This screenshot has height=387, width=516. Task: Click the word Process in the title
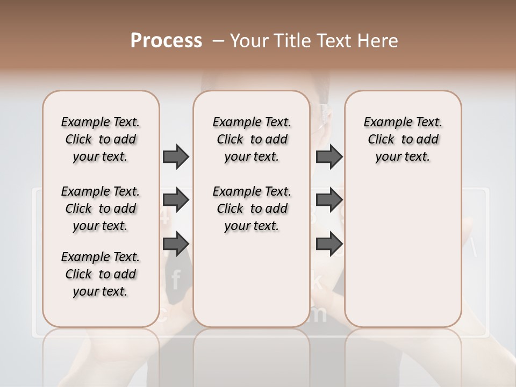166,40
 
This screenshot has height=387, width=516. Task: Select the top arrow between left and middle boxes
175,156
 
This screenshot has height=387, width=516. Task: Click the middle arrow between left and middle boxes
175,200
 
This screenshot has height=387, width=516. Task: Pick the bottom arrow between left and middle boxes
175,243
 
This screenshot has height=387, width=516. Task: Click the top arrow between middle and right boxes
329,156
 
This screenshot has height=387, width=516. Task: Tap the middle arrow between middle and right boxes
329,200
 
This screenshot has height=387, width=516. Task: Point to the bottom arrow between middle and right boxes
329,243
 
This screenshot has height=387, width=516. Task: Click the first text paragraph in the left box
101,139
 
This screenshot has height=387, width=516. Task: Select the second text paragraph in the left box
101,209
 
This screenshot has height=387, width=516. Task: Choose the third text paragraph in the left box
101,274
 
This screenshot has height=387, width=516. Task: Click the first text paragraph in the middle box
252,139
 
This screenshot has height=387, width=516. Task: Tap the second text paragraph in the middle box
252,209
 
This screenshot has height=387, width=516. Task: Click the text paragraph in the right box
403,139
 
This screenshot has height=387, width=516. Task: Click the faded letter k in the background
317,279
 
